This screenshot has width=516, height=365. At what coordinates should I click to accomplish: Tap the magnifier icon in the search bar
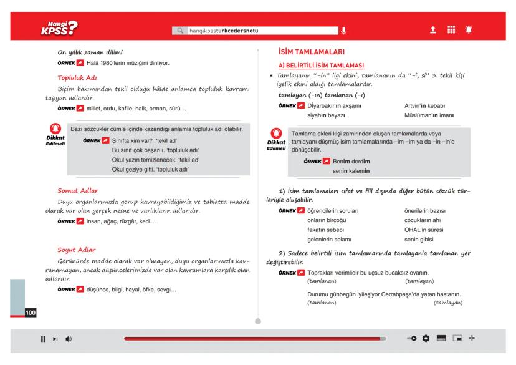coord(181,29)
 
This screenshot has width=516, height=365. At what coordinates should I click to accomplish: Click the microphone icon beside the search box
coord(342,29)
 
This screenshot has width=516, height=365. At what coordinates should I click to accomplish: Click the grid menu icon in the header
coord(449,29)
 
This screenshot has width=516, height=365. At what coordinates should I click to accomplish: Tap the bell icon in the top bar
coord(466,29)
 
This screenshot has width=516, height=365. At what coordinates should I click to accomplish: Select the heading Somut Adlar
coord(78,190)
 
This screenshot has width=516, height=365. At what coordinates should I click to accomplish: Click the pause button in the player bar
coord(43,339)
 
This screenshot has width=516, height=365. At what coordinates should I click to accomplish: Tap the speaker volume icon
coord(68,339)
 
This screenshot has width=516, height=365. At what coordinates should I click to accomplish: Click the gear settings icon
coord(426,339)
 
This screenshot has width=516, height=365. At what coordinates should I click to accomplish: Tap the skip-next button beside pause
coord(55,339)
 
